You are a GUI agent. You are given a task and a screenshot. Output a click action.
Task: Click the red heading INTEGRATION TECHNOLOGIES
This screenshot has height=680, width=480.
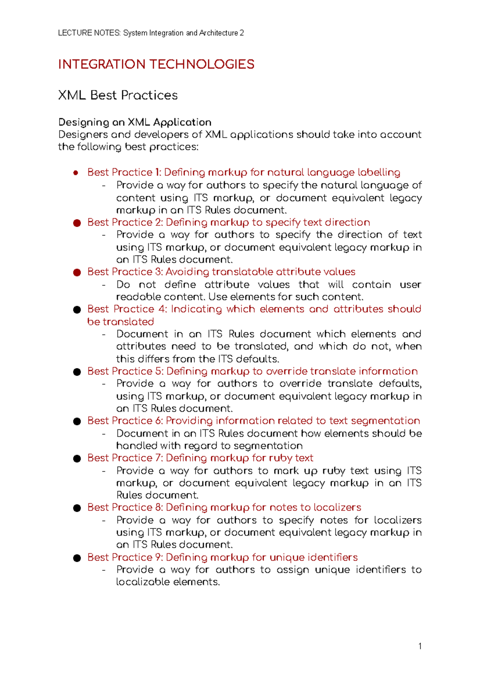tap(156, 64)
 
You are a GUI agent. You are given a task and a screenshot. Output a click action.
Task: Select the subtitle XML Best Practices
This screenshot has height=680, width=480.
tap(118, 95)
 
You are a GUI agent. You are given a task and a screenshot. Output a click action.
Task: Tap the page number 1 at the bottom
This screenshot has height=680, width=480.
tap(420, 646)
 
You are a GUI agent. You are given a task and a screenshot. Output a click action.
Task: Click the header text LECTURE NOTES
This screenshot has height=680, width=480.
tap(89, 33)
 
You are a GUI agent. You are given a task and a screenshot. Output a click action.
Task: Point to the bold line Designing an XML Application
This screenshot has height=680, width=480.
tap(135, 122)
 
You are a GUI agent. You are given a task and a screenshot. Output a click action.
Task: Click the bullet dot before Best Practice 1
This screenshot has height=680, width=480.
tap(76, 173)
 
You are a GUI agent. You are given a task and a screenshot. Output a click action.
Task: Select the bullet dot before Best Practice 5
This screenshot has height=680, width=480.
tap(77, 372)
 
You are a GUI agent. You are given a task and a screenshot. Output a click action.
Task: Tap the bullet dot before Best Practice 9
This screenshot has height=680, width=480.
tap(77, 558)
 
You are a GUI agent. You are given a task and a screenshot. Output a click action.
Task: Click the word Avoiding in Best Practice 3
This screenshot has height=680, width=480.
tap(187, 272)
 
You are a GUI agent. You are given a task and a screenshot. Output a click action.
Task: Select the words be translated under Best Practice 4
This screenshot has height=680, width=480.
tap(120, 322)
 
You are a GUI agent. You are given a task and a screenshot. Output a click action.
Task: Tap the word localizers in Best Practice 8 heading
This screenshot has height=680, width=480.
tap(337, 507)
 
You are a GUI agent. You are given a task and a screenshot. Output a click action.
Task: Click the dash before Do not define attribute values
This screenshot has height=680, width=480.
tap(104, 285)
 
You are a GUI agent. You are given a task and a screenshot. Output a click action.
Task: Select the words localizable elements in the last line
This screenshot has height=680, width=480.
tap(168, 582)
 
